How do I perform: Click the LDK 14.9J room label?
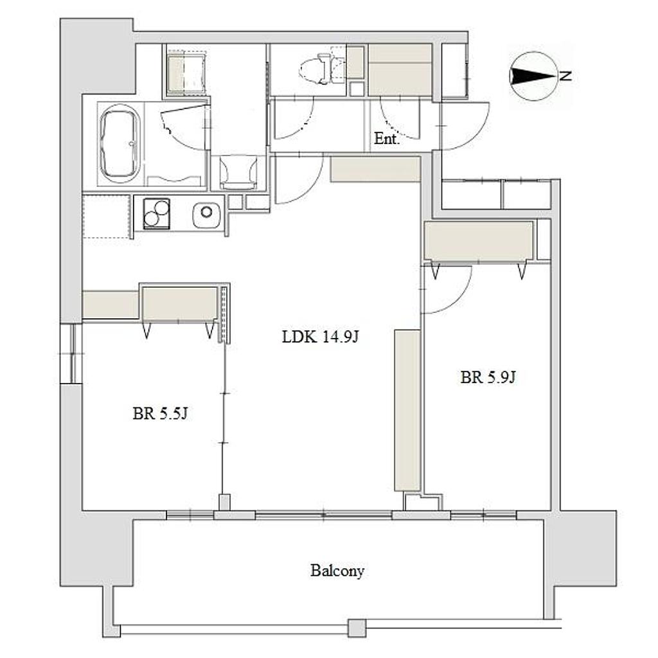point(320,337)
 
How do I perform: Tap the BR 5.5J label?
point(160,414)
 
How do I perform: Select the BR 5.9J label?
point(488,377)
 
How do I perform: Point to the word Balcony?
point(337,571)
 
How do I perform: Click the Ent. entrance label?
point(386,139)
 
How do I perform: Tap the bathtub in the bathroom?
point(120,144)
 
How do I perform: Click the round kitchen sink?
point(206,213)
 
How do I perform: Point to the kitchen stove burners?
point(156,213)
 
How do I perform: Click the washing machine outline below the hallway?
point(238,171)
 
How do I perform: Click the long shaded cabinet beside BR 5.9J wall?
point(407,410)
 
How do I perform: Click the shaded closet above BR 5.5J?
point(180,303)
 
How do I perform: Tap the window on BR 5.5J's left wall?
point(71,353)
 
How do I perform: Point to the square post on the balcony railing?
point(357,628)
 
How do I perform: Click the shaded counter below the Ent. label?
point(375,169)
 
